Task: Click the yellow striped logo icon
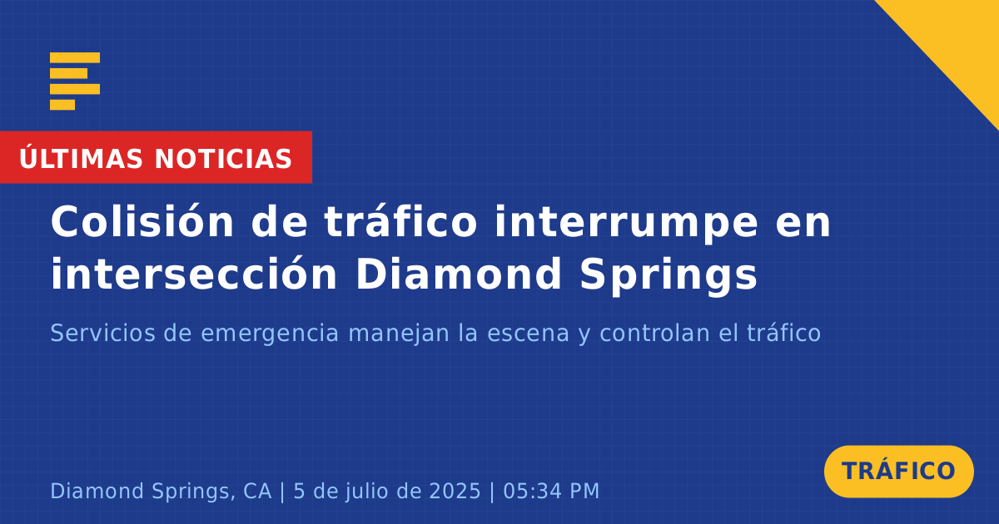75,82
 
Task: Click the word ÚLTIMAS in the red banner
81,158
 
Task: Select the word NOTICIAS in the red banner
223,159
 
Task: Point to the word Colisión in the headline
142,222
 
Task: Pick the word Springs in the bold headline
668,276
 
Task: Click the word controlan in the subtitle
654,333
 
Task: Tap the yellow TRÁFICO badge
898,471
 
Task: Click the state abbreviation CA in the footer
257,491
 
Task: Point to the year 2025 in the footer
455,491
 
